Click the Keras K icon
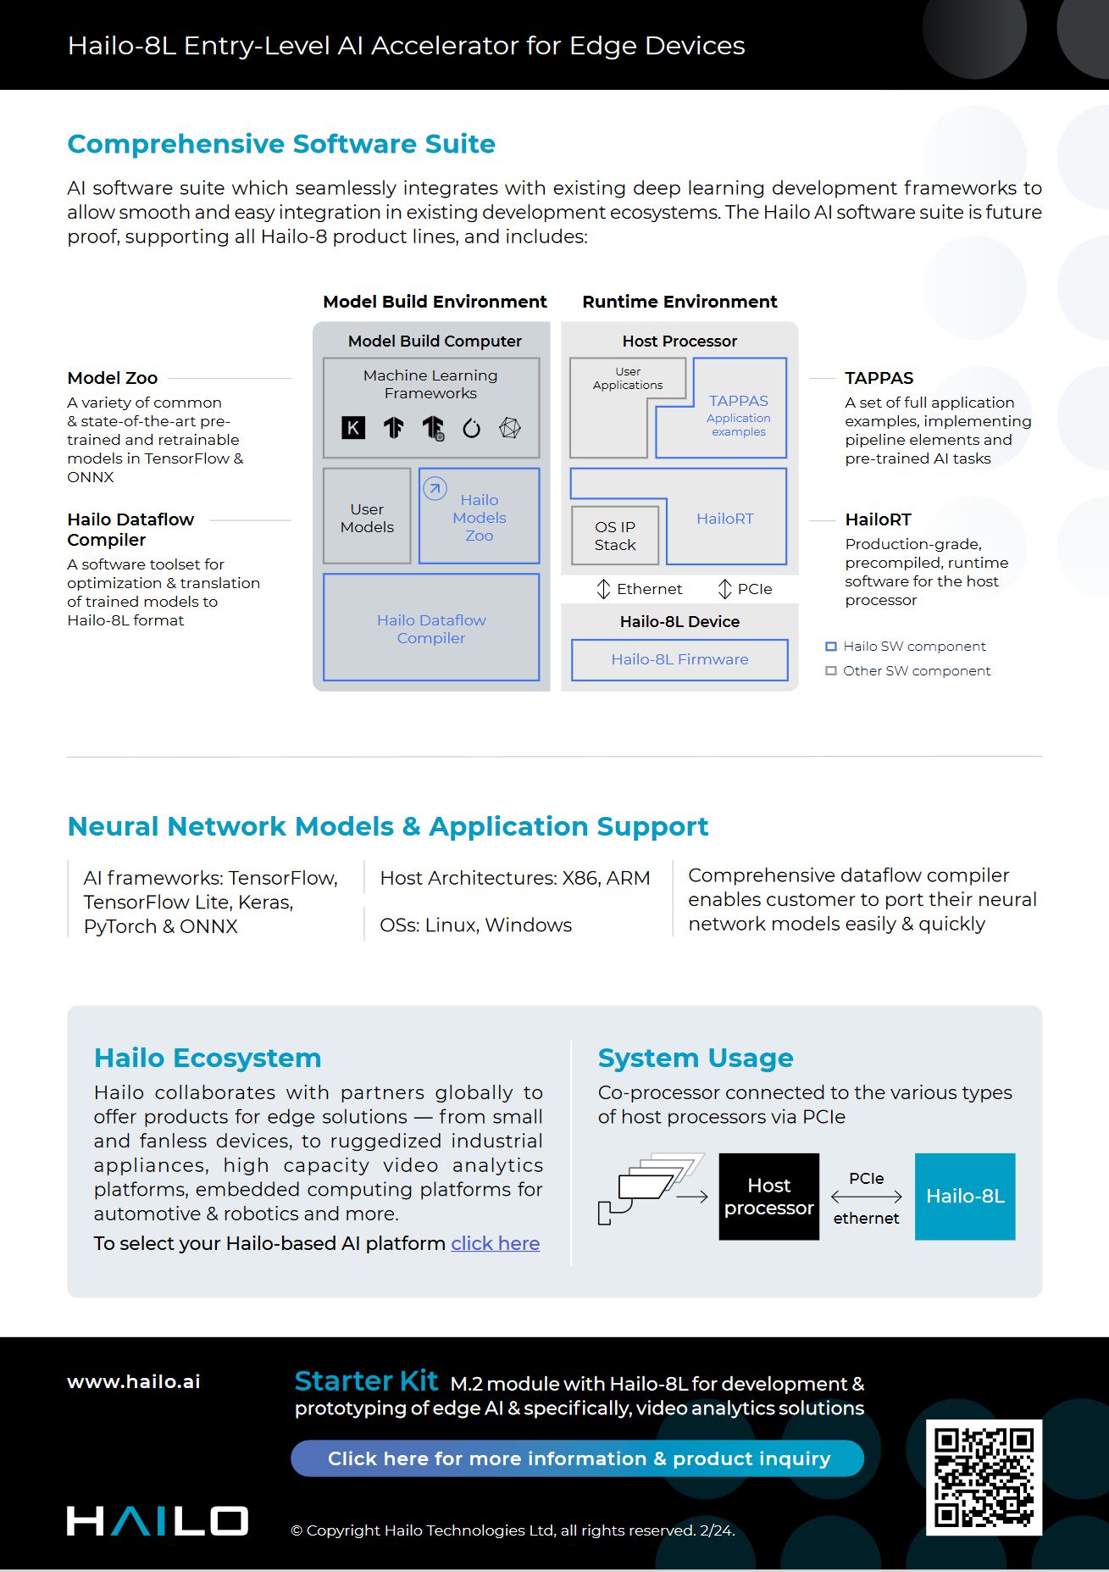point(353,428)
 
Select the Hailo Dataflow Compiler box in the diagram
point(431,627)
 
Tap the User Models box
point(367,516)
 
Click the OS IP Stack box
point(615,536)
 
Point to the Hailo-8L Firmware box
point(679,659)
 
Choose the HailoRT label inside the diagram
point(725,519)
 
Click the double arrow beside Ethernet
point(603,589)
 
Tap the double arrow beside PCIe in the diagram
point(725,589)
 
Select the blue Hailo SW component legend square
point(831,647)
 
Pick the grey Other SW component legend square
point(831,671)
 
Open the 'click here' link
point(496,1243)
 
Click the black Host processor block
point(769,1197)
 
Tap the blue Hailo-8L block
point(965,1197)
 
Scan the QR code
point(984,1477)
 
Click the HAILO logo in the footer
point(158,1521)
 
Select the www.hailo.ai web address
point(134,1381)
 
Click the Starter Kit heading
point(366,1381)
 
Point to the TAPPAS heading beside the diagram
point(879,378)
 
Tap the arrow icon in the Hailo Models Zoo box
point(435,488)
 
